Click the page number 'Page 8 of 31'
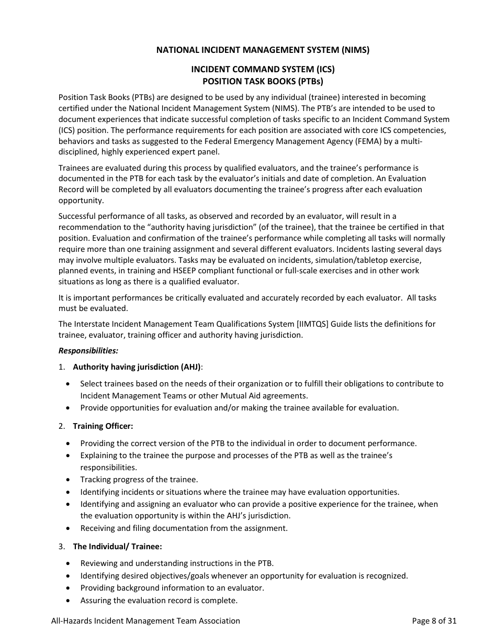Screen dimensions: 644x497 pos(434,621)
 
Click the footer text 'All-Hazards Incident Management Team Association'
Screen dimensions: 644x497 pos(145,621)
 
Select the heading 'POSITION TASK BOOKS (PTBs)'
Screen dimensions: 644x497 pos(263,81)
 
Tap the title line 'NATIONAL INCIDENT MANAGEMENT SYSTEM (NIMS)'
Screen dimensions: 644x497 pos(263,50)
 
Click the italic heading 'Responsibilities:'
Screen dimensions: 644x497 pos(88,350)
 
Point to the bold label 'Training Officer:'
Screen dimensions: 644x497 pos(103,426)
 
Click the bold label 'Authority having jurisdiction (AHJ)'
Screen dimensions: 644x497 pos(137,367)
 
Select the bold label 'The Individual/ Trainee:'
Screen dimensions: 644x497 pos(117,546)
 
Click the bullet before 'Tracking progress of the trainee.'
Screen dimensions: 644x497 pos(69,480)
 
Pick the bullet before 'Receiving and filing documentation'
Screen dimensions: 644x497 pos(69,528)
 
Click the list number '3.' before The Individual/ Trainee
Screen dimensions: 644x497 pos(62,546)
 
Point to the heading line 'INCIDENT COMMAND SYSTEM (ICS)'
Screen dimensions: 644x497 pos(263,69)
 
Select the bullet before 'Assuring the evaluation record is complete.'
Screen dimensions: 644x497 pos(69,601)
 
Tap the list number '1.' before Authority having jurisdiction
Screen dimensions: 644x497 pos(62,367)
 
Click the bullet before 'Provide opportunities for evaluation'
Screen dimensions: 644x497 pos(69,408)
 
